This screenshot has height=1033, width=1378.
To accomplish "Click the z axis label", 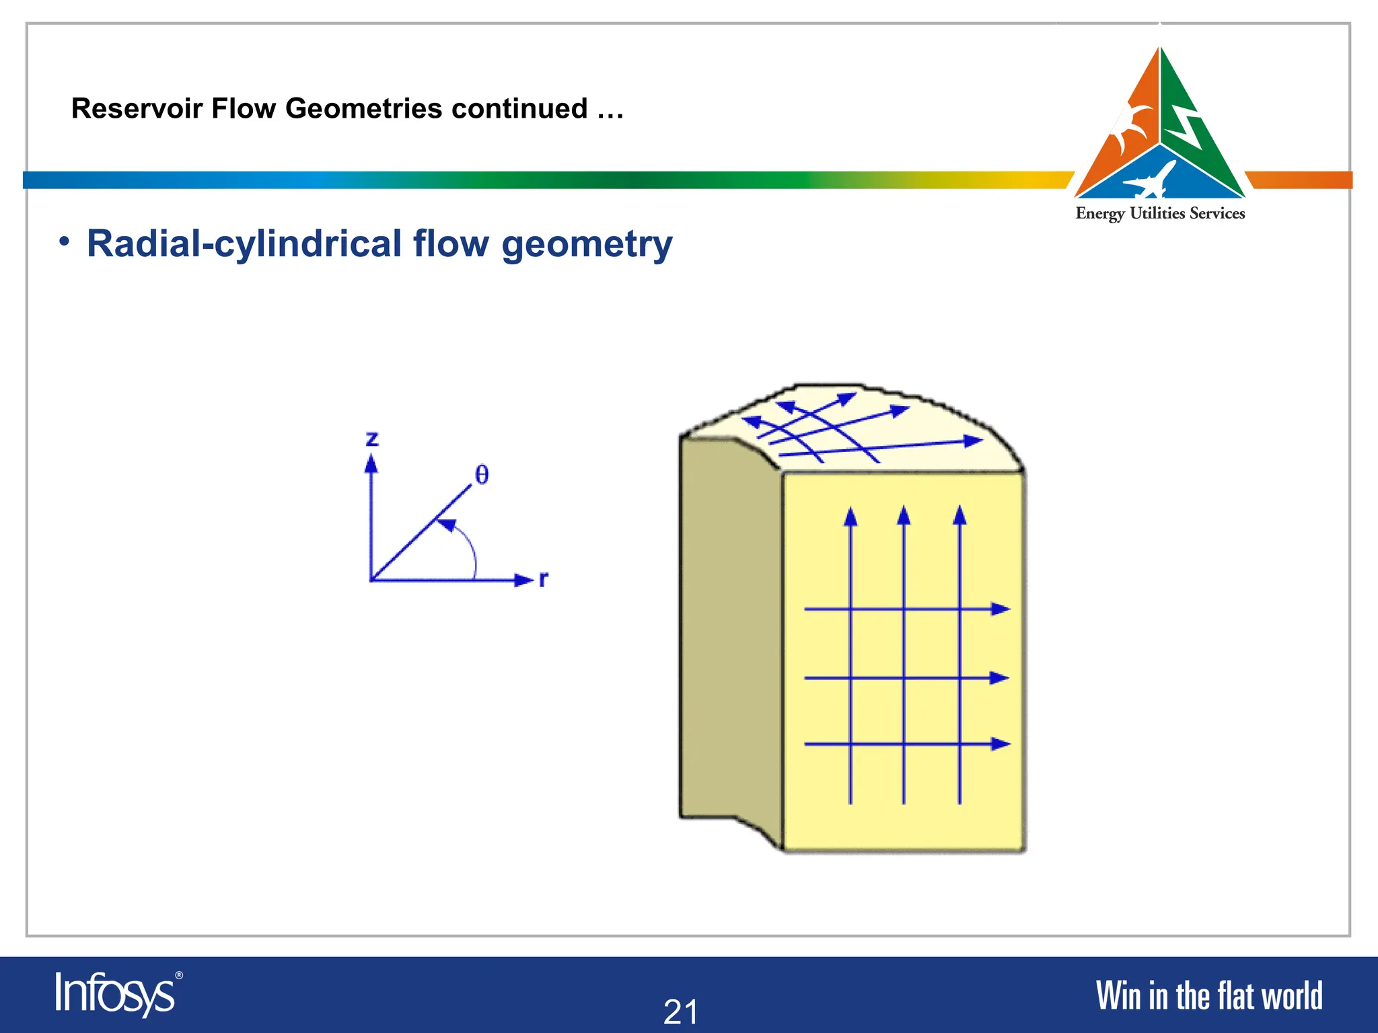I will [x=372, y=439].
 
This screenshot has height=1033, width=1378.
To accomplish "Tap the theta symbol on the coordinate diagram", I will [x=482, y=475].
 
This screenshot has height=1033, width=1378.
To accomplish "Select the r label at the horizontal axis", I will [x=544, y=578].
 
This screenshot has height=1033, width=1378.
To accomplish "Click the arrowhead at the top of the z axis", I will [x=371, y=463].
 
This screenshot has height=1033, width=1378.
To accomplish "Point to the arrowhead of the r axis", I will [x=523, y=580].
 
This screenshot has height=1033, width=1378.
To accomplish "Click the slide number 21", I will [x=680, y=1011].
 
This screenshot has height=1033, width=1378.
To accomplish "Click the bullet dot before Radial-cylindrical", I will [x=64, y=241].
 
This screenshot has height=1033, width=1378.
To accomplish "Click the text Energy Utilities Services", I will [x=1160, y=214].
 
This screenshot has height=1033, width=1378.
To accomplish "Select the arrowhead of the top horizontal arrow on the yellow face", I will [x=1001, y=609].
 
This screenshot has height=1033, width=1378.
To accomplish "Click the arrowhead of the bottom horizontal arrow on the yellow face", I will [x=1001, y=744].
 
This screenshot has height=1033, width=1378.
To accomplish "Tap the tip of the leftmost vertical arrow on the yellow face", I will [x=851, y=516].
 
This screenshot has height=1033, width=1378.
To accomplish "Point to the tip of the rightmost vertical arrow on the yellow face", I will [x=959, y=516].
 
